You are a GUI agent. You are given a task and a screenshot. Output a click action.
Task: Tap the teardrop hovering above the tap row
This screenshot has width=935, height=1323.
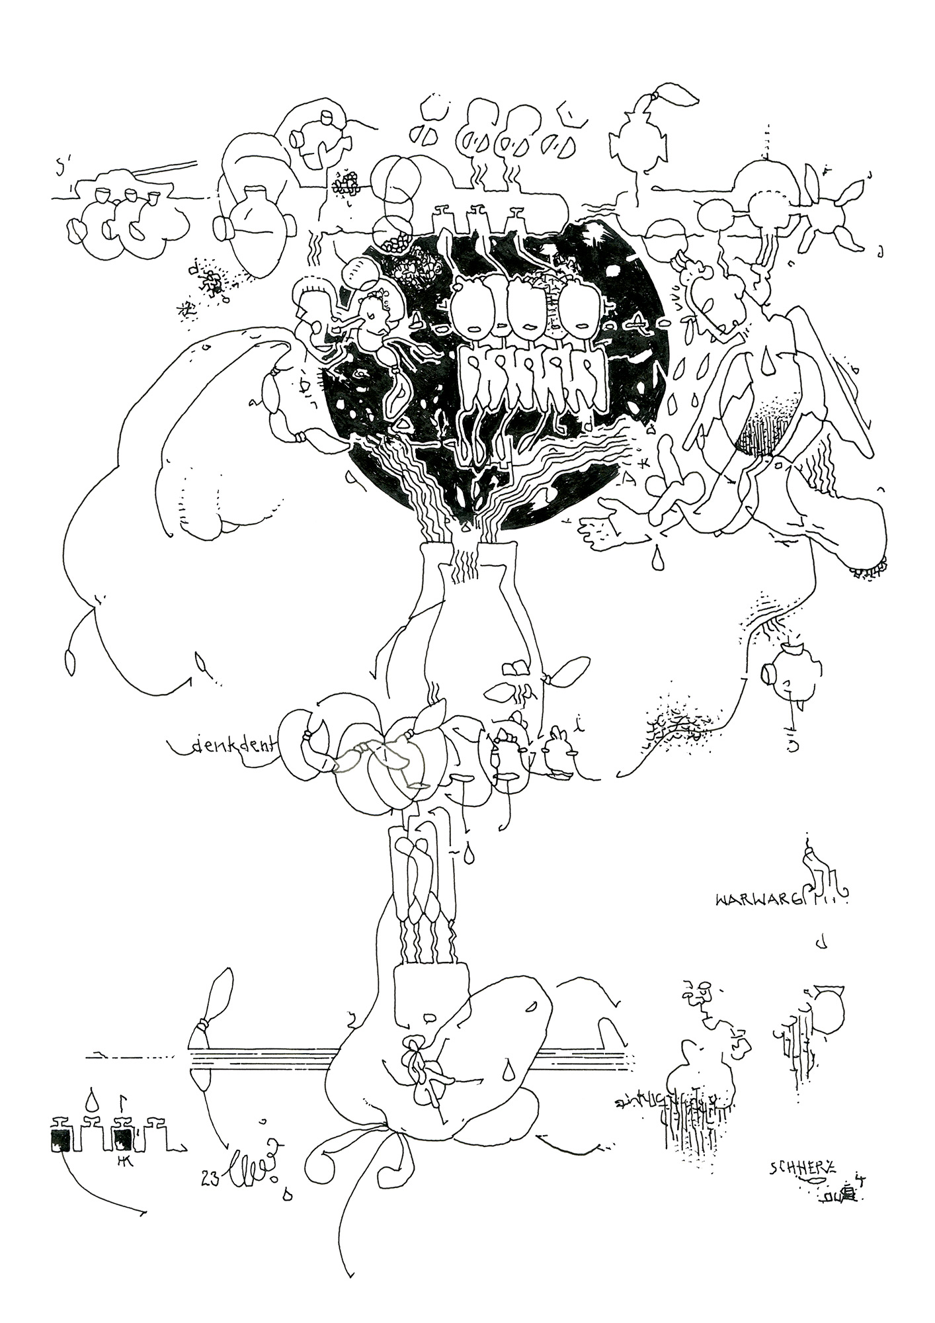93,1100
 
